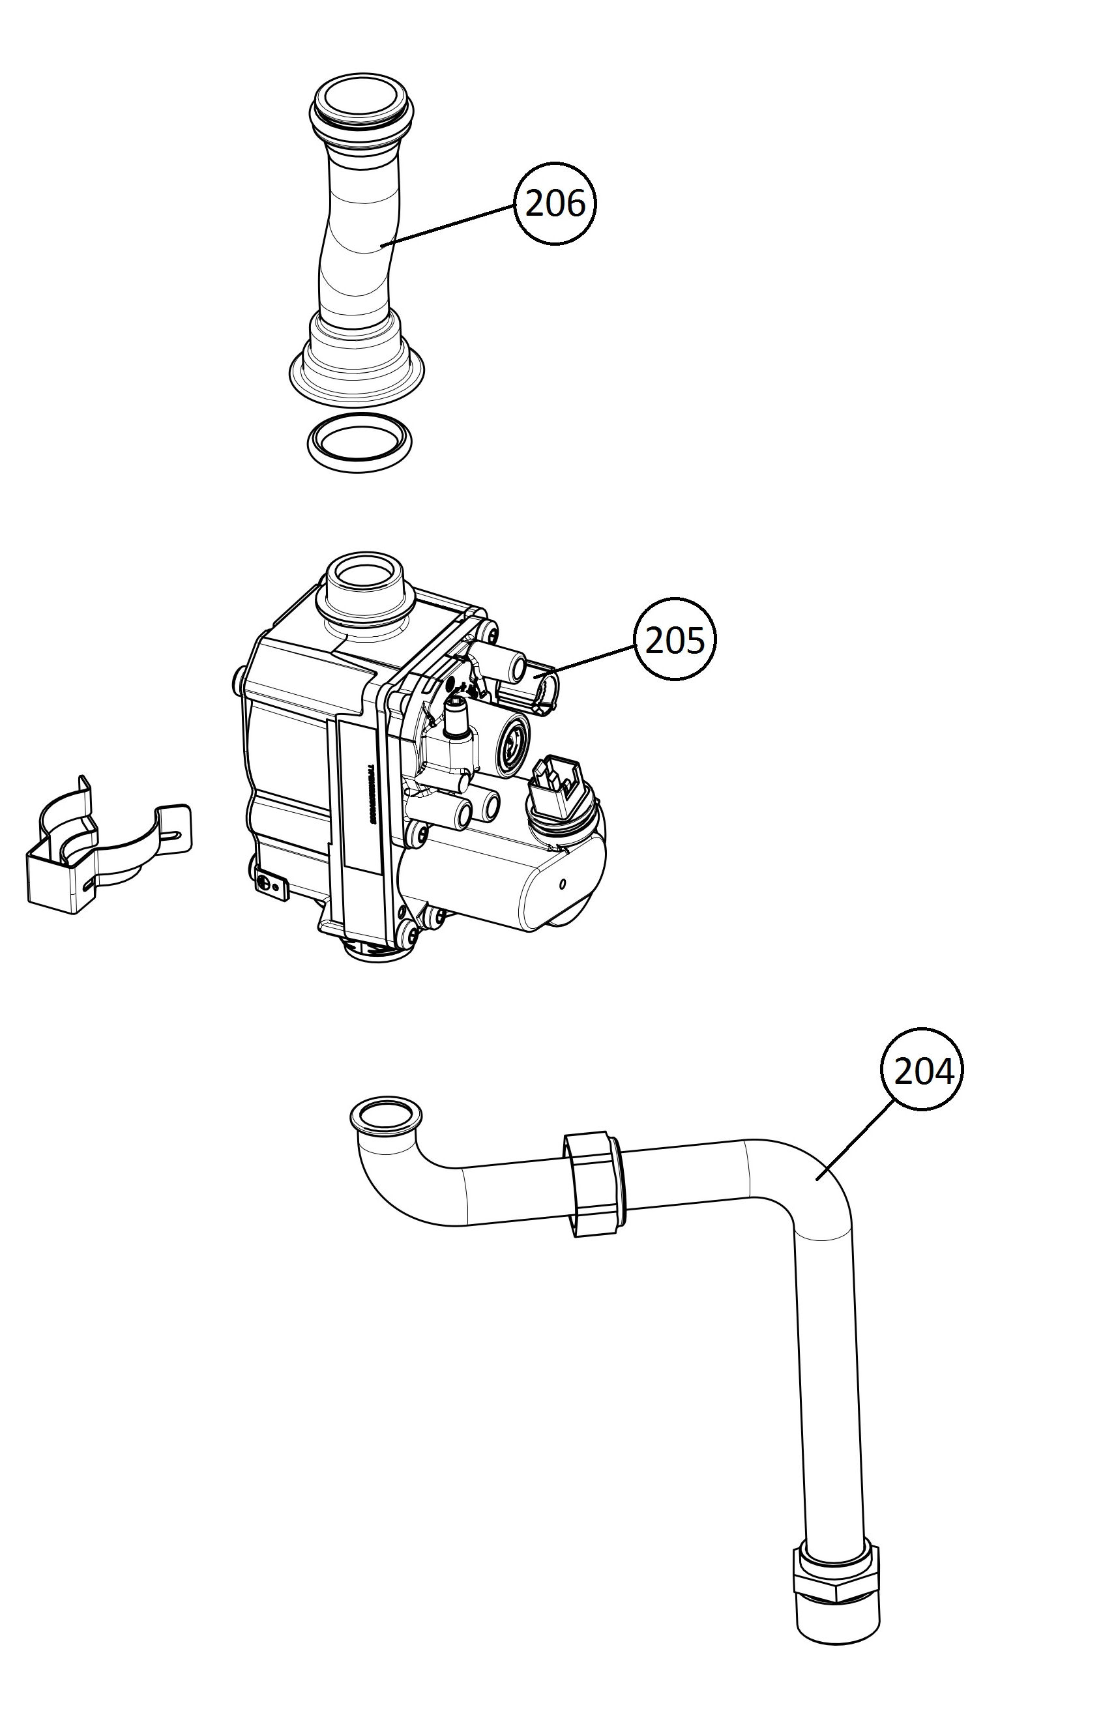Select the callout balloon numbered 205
[x=674, y=639]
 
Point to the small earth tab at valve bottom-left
[x=272, y=886]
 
